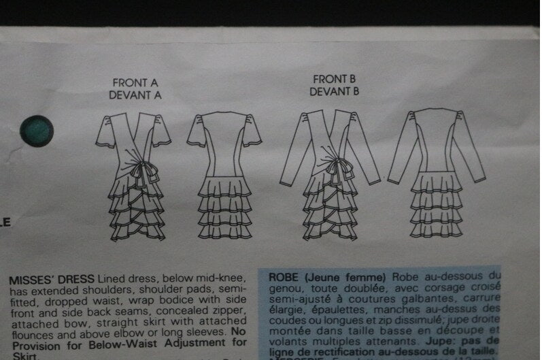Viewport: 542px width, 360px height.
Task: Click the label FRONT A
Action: (x=135, y=82)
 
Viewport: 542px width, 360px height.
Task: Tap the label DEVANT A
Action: (x=135, y=95)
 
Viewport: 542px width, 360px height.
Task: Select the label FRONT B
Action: (x=335, y=79)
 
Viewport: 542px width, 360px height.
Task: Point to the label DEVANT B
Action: (x=335, y=91)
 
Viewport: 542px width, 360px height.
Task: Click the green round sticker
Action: (x=36, y=129)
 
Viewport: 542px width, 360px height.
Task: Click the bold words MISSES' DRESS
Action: (x=52, y=280)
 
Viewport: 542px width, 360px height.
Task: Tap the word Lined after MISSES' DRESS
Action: (x=113, y=280)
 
